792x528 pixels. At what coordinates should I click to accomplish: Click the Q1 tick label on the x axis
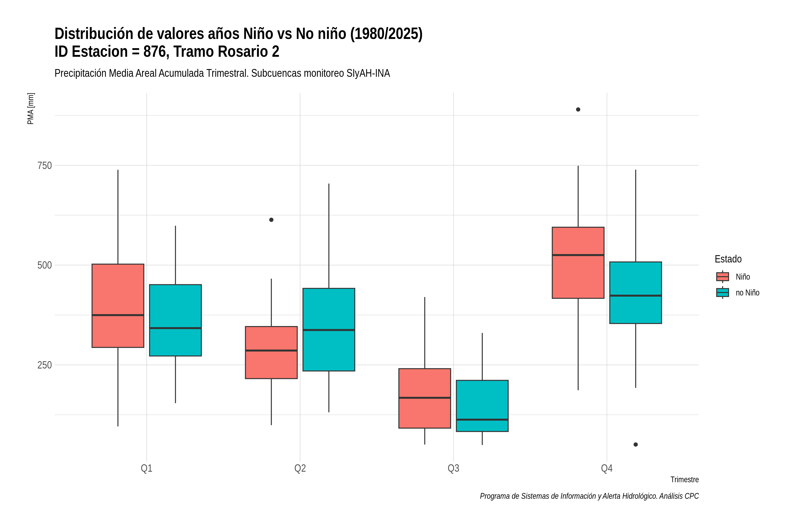pyautogui.click(x=147, y=468)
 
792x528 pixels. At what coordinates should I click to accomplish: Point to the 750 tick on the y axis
pyautogui.click(x=44, y=165)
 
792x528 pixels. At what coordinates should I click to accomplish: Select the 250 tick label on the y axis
pyautogui.click(x=44, y=365)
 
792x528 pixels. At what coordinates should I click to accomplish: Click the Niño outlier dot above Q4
pyautogui.click(x=578, y=109)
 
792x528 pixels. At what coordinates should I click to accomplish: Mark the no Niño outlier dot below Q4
pyautogui.click(x=636, y=444)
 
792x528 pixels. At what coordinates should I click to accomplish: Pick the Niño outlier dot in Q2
pyautogui.click(x=271, y=220)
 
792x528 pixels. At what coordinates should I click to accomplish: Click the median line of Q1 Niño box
pyautogui.click(x=118, y=315)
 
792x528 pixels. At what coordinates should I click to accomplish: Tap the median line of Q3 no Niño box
pyautogui.click(x=482, y=420)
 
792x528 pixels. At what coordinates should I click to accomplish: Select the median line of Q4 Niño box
pyautogui.click(x=578, y=255)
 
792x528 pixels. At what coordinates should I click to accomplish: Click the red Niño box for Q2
pyautogui.click(x=271, y=353)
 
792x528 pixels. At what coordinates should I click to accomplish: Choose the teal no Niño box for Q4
pyautogui.click(x=636, y=293)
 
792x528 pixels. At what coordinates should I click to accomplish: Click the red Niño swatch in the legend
pyautogui.click(x=723, y=277)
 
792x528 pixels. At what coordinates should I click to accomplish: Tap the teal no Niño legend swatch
pyautogui.click(x=723, y=293)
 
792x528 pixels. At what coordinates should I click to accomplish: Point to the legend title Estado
pyautogui.click(x=728, y=259)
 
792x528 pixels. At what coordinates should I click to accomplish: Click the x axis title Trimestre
pyautogui.click(x=685, y=480)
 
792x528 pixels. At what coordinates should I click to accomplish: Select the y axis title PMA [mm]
pyautogui.click(x=31, y=109)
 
